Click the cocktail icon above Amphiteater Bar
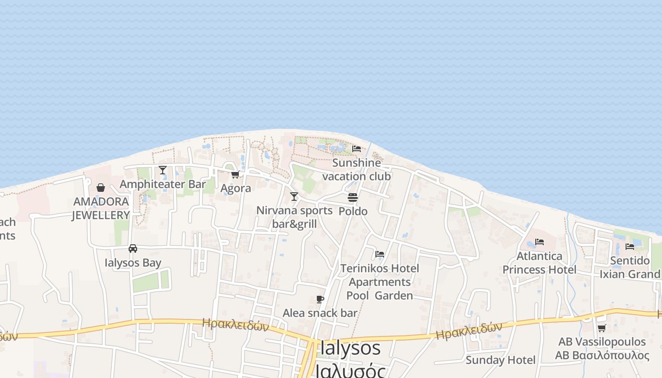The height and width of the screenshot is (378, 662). (x=163, y=170)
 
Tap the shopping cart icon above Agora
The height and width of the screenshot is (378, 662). (x=235, y=175)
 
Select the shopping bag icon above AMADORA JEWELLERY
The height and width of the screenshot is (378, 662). (x=101, y=188)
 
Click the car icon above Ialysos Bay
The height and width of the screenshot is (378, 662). (x=133, y=249)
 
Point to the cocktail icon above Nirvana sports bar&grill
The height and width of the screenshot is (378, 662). (x=294, y=197)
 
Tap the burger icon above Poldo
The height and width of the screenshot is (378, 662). (x=353, y=198)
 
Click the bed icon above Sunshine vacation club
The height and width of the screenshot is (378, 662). (x=357, y=149)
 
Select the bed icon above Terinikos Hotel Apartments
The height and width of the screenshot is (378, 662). (x=380, y=254)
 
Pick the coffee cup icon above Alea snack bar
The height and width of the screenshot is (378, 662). (x=320, y=299)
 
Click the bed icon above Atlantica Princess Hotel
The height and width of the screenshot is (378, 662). (x=540, y=242)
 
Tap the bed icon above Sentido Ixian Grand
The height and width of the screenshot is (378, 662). (x=630, y=247)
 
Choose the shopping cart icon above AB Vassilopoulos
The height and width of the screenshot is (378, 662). (x=601, y=328)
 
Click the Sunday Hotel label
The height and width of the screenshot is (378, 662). (x=500, y=360)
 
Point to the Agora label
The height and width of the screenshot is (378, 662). (x=235, y=188)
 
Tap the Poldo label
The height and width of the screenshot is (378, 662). (x=353, y=211)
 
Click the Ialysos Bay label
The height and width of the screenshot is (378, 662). (x=133, y=263)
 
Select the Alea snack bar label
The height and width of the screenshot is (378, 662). (x=320, y=313)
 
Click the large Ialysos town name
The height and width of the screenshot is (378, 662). (x=350, y=348)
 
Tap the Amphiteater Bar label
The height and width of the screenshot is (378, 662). (x=163, y=184)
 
